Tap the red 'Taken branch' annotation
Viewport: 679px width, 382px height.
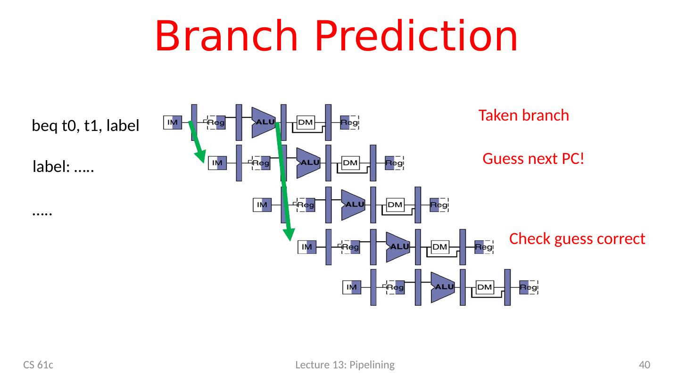tap(523, 115)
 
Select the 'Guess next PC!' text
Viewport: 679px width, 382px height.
tap(534, 159)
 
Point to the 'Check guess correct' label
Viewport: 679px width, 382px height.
tap(577, 239)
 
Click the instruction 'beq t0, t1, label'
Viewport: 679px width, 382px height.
tap(85, 126)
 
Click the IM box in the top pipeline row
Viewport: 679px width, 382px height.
tap(173, 122)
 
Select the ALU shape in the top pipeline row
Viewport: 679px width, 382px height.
tap(263, 122)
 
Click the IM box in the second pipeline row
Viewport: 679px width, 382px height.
tap(217, 163)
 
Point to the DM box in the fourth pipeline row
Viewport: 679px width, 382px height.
tap(440, 246)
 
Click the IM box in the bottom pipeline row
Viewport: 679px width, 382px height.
tap(351, 287)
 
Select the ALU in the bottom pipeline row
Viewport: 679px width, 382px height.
tap(442, 287)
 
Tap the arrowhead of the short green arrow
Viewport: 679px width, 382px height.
tap(201, 157)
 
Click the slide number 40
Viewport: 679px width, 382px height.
tap(644, 365)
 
